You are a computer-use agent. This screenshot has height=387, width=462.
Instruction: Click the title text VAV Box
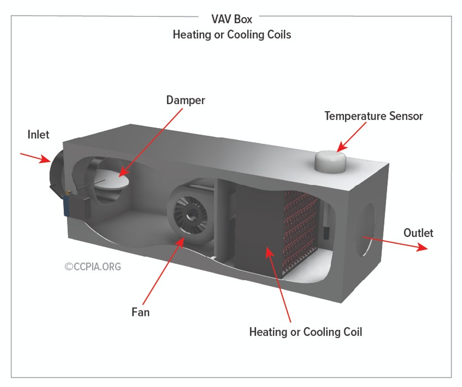[231, 20]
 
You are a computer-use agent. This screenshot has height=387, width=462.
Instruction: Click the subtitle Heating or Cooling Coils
[231, 35]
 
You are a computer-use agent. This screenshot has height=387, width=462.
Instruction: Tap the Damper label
[185, 100]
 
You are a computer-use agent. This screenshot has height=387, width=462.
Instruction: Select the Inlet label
[38, 134]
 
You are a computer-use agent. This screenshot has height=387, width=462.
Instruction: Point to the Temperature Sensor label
[374, 116]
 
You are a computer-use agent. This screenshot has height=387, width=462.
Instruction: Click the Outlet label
[418, 233]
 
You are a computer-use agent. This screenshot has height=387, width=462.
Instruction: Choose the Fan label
[140, 312]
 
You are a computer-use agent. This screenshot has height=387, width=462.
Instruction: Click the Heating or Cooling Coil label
[306, 332]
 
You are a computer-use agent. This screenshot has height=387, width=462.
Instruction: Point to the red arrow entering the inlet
[35, 158]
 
